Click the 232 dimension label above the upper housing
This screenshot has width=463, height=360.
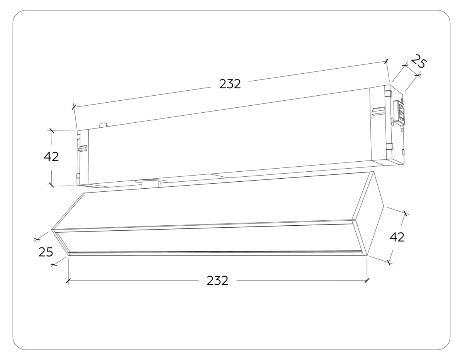click(230, 84)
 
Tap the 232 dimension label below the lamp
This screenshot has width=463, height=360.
click(217, 281)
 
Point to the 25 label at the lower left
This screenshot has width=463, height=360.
click(46, 252)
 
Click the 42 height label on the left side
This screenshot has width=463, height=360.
click(51, 157)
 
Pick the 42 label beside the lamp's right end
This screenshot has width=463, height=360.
click(397, 237)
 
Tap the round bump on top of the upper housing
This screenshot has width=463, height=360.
click(103, 125)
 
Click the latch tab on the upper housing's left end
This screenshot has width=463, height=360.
click(83, 149)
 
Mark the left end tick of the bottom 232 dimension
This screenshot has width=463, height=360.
click(68, 281)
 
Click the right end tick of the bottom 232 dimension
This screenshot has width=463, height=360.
click(367, 281)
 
